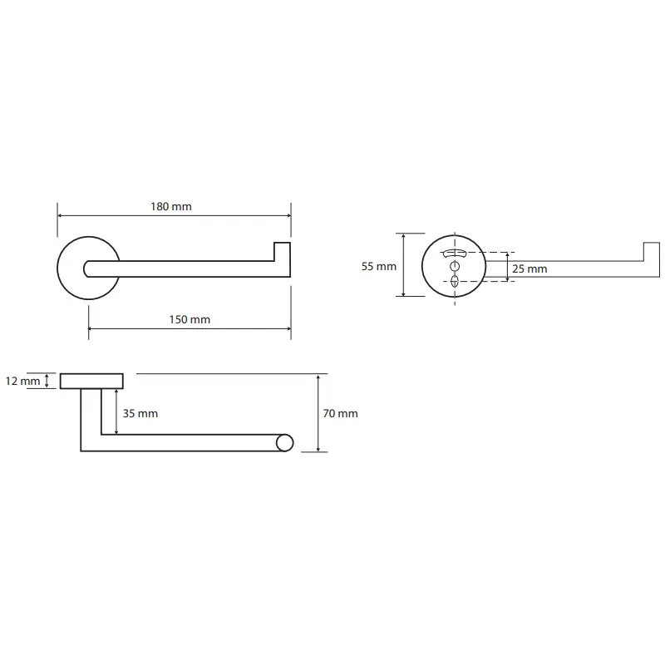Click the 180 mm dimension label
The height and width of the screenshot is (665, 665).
tap(171, 206)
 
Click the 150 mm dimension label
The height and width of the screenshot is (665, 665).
tap(190, 319)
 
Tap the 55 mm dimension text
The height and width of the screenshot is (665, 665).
tap(379, 266)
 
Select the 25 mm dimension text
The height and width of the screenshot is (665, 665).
tap(530, 268)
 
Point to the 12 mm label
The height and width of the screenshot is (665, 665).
tap(23, 381)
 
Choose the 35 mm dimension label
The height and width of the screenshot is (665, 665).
tap(140, 413)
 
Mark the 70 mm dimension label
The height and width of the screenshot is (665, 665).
tap(340, 413)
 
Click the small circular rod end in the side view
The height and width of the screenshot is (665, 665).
tap(284, 443)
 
